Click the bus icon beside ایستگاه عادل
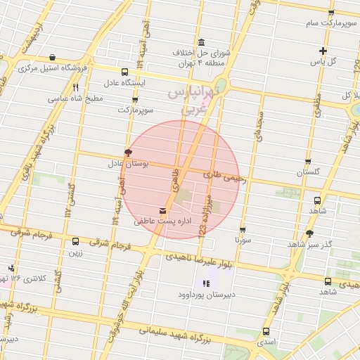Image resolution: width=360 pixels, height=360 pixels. (x=125, y=72)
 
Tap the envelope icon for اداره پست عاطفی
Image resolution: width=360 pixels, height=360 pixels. (x=163, y=210)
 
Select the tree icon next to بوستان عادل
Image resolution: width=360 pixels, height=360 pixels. (x=128, y=152)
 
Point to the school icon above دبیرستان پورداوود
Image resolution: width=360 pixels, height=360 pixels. (x=206, y=283)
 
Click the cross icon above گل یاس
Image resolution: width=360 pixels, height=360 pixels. (x=323, y=50)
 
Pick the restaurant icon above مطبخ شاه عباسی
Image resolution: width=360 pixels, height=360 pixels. (x=75, y=87)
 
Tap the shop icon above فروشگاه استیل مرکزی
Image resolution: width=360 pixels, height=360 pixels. (x=53, y=57)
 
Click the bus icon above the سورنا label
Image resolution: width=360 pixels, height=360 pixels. (x=243, y=229)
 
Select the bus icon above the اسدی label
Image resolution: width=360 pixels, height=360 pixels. (x=266, y=331)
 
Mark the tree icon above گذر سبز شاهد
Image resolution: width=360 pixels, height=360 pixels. (x=309, y=233)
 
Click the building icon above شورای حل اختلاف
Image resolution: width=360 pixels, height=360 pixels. (x=202, y=41)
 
